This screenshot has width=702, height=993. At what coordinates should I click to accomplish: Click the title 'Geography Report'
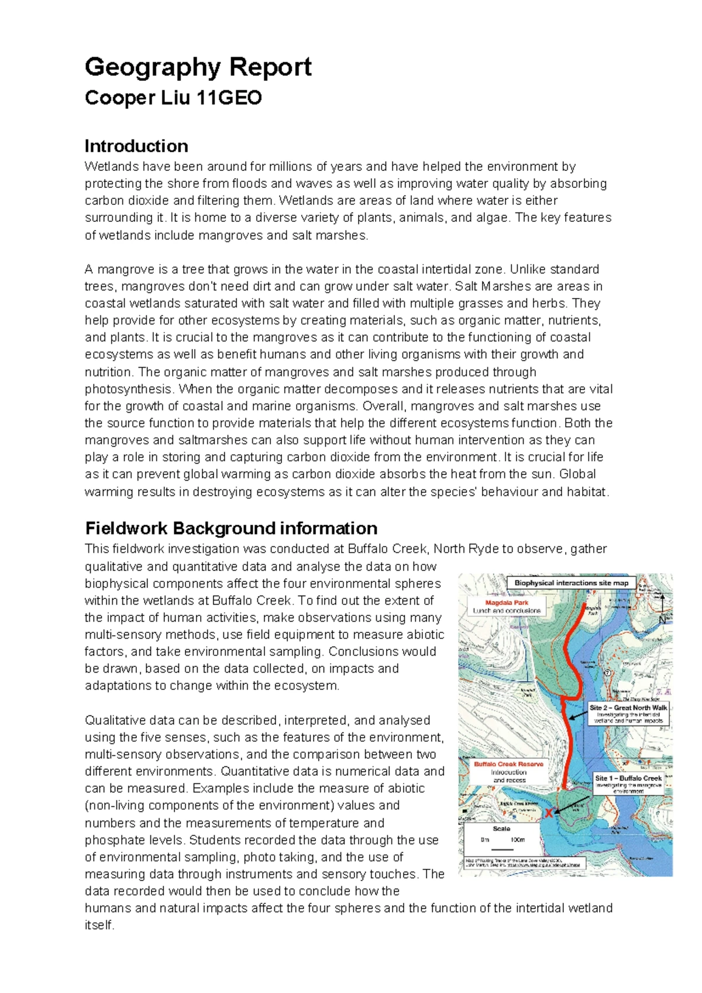point(198,67)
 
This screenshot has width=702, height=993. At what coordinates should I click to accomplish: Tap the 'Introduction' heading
point(136,146)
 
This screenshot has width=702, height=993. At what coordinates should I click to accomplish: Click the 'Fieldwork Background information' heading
point(231,528)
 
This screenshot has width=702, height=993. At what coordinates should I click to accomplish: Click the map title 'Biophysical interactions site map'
point(571,583)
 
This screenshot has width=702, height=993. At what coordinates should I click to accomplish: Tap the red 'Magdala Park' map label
point(507,602)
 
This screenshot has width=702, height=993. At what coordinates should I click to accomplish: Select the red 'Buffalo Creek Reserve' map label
point(508,764)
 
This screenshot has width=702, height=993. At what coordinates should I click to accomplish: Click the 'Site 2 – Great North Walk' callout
point(628,707)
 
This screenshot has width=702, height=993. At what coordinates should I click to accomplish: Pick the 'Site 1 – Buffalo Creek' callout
point(628,778)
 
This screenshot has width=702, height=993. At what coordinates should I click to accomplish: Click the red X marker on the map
point(549,813)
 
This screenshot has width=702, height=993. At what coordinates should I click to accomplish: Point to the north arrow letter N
point(662,619)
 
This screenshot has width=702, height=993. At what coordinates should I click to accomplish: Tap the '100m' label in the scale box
point(518,840)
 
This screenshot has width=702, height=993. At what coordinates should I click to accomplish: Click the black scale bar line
point(502,849)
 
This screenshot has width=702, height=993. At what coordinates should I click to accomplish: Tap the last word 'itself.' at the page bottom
point(99,926)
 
